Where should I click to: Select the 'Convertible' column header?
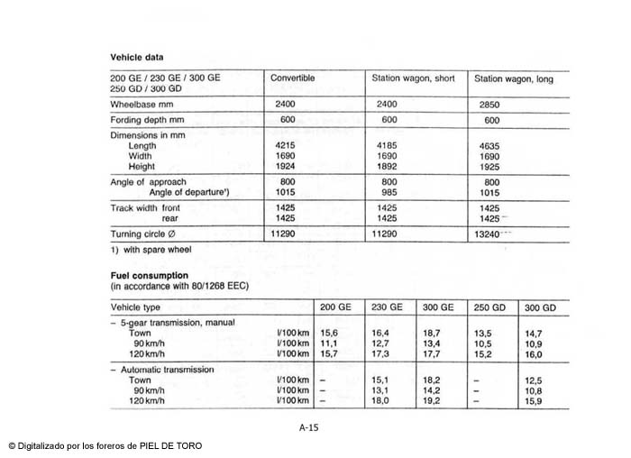(x=293, y=78)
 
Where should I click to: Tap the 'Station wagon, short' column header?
(x=413, y=78)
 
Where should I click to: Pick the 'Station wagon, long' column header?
(x=514, y=79)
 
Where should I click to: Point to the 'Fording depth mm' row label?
(x=147, y=120)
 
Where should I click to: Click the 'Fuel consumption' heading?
(x=149, y=275)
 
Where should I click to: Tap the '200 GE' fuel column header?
(x=335, y=307)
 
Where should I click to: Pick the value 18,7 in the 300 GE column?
(x=432, y=333)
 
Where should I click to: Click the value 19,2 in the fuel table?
(x=432, y=400)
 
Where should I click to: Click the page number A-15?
(x=308, y=427)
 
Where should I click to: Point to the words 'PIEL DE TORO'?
(x=175, y=446)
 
